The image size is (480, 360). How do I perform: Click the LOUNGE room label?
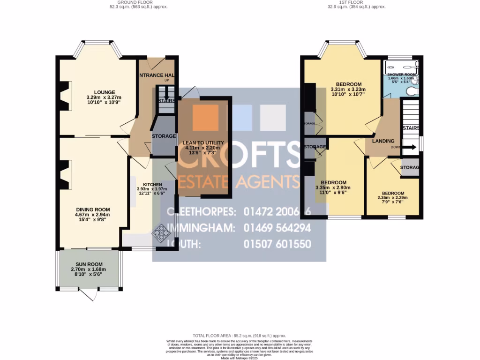[104, 92]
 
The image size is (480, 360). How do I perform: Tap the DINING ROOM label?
[93, 210]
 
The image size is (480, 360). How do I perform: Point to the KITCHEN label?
[152, 184]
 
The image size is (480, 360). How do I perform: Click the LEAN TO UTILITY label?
[203, 142]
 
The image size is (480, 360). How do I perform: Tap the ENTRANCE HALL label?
[157, 75]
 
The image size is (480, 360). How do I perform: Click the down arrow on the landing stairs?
[409, 147]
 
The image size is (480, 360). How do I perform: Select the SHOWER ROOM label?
[402, 74]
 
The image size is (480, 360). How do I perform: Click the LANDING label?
[383, 141]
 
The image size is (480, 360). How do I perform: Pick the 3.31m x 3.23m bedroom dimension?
[348, 90]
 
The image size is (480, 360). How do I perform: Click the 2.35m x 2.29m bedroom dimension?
[392, 198]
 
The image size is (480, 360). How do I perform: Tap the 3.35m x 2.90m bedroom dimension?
[333, 187]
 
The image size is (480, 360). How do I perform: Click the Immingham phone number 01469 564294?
[277, 228]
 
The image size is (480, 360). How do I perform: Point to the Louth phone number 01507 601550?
[277, 244]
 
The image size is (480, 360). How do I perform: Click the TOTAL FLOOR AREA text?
[240, 336]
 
